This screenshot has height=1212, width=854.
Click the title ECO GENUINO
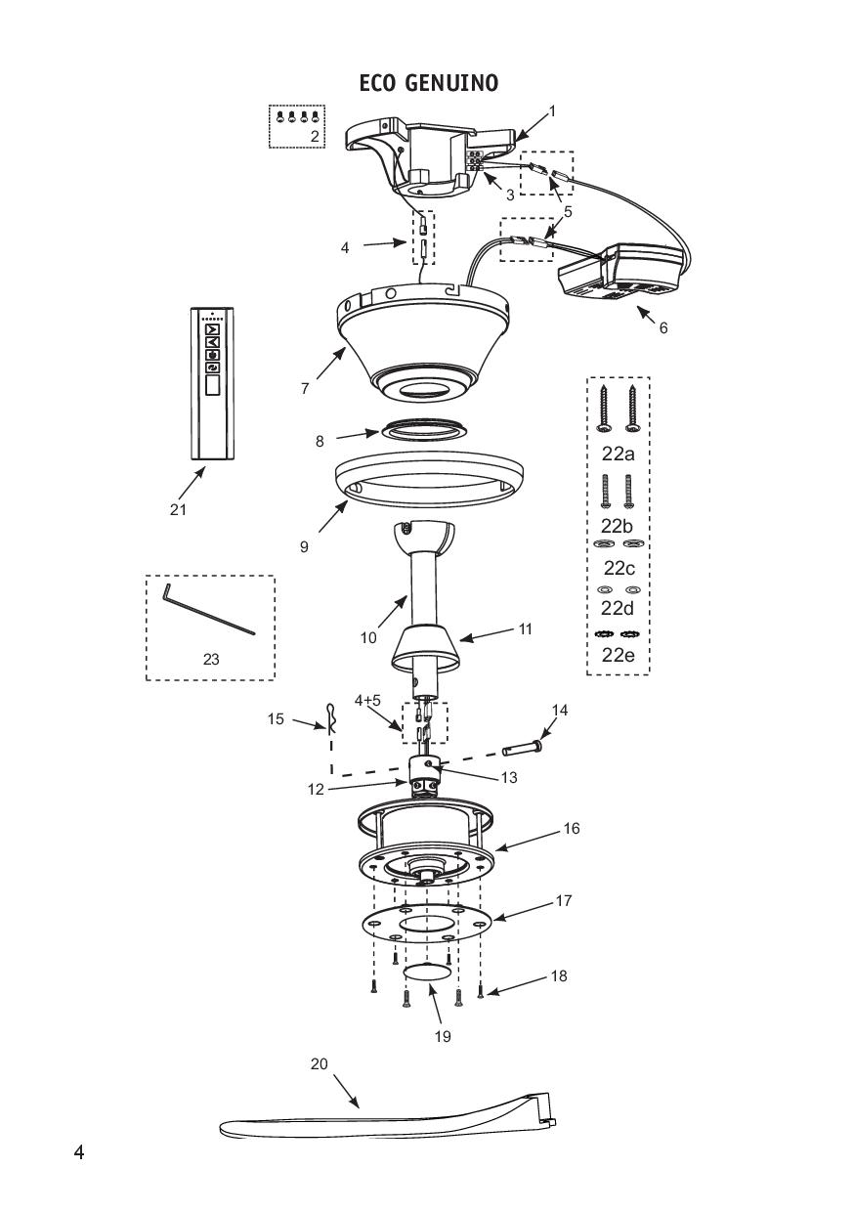428,83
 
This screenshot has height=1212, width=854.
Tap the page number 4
79,1152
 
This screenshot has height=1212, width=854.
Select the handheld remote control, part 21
211,382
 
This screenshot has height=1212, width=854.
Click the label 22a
618,454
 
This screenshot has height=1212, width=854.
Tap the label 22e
618,655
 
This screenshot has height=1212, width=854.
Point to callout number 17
564,901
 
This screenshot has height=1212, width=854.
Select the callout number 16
572,829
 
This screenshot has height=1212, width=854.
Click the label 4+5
367,700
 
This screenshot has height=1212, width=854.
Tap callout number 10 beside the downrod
367,638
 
